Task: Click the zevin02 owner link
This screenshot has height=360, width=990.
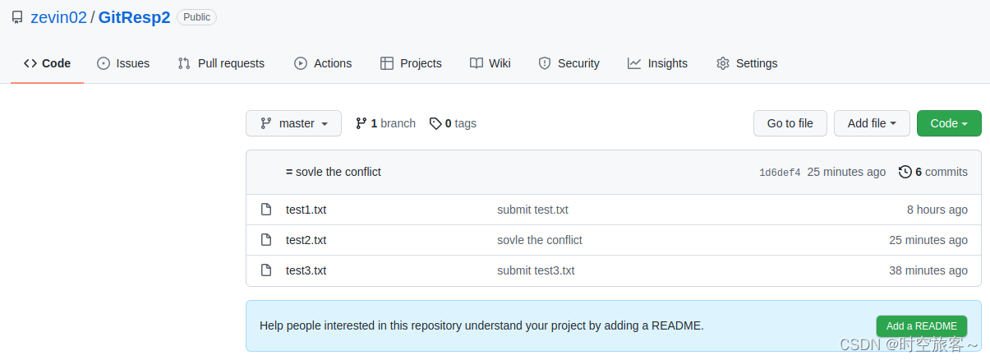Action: point(58,17)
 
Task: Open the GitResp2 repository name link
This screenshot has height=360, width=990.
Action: point(134,17)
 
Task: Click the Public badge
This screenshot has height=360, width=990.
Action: point(196,17)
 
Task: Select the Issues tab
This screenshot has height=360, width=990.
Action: point(123,63)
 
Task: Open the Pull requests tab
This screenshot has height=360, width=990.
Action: point(221,63)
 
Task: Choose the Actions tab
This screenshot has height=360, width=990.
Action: point(323,63)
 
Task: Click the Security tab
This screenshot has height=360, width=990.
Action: point(569,63)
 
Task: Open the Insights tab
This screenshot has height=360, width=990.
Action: point(657,63)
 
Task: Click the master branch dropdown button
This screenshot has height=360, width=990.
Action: point(293,123)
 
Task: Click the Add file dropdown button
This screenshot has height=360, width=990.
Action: point(872,123)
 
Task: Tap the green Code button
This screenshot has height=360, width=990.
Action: point(949,123)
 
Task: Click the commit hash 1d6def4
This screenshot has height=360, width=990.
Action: point(780,173)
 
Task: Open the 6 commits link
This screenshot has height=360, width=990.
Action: point(933,172)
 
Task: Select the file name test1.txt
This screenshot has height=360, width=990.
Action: point(306,210)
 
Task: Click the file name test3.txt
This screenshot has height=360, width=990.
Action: point(306,270)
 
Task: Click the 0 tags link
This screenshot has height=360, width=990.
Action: point(453,123)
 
